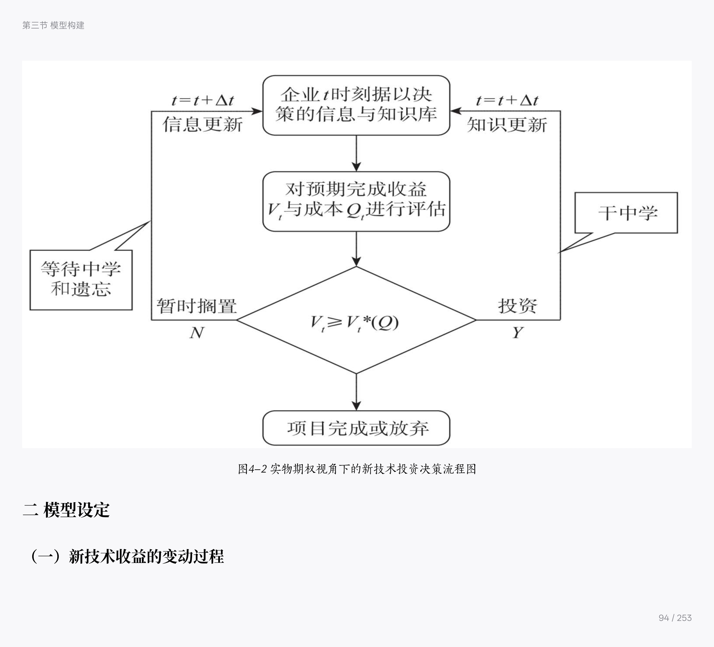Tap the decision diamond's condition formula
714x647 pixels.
pos(354,323)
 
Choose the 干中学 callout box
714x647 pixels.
pos(626,213)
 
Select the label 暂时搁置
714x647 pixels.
pos(197,306)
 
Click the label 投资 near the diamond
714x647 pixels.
pos(517,306)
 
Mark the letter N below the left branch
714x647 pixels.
pos(197,332)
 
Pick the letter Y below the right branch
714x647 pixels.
pos(517,332)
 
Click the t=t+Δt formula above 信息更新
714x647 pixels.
pos(203,100)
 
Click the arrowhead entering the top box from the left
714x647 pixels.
pos(257,111)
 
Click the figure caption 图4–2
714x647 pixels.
pos(357,469)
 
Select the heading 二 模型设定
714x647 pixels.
pos(66,510)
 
